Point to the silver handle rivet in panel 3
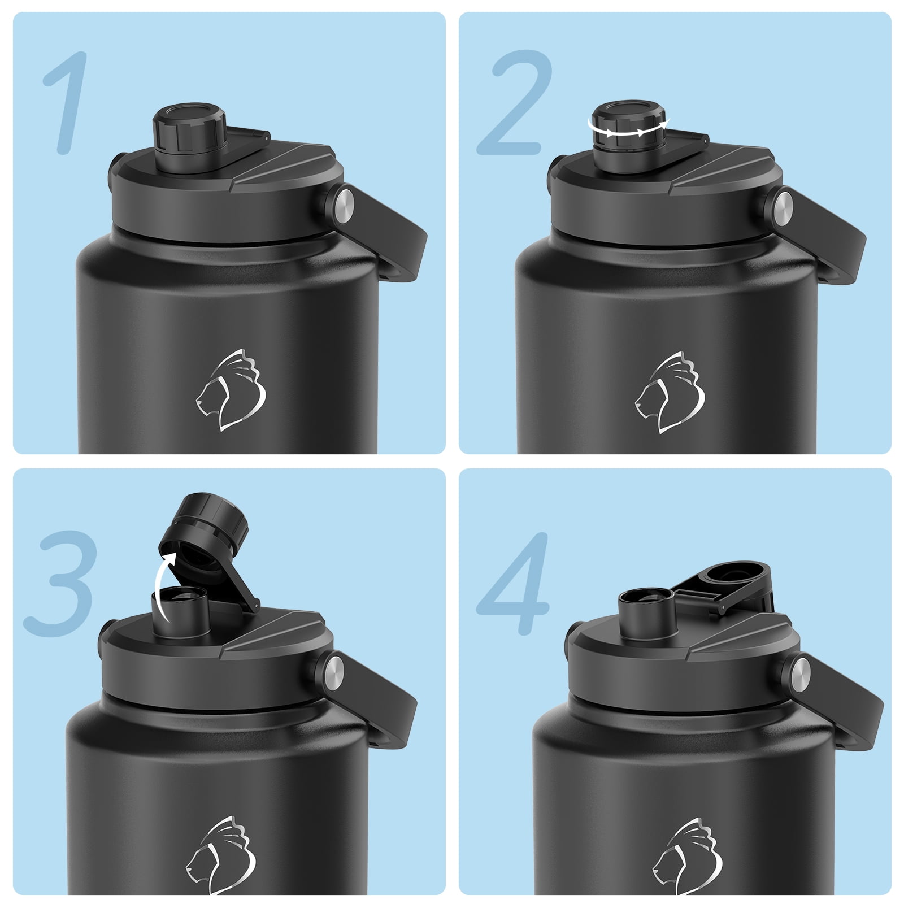(334, 668)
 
